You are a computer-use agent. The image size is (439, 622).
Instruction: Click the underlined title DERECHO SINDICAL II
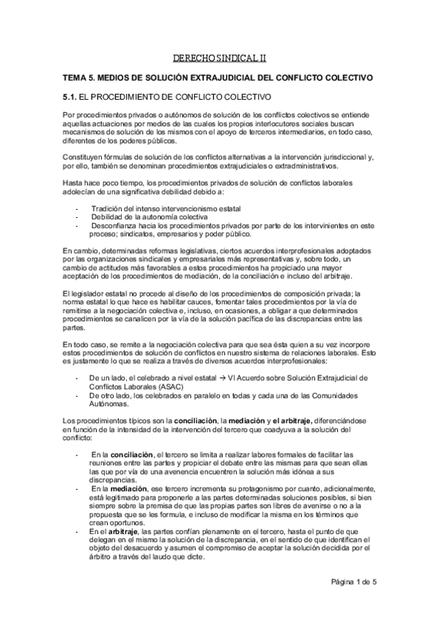pyautogui.click(x=219, y=56)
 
